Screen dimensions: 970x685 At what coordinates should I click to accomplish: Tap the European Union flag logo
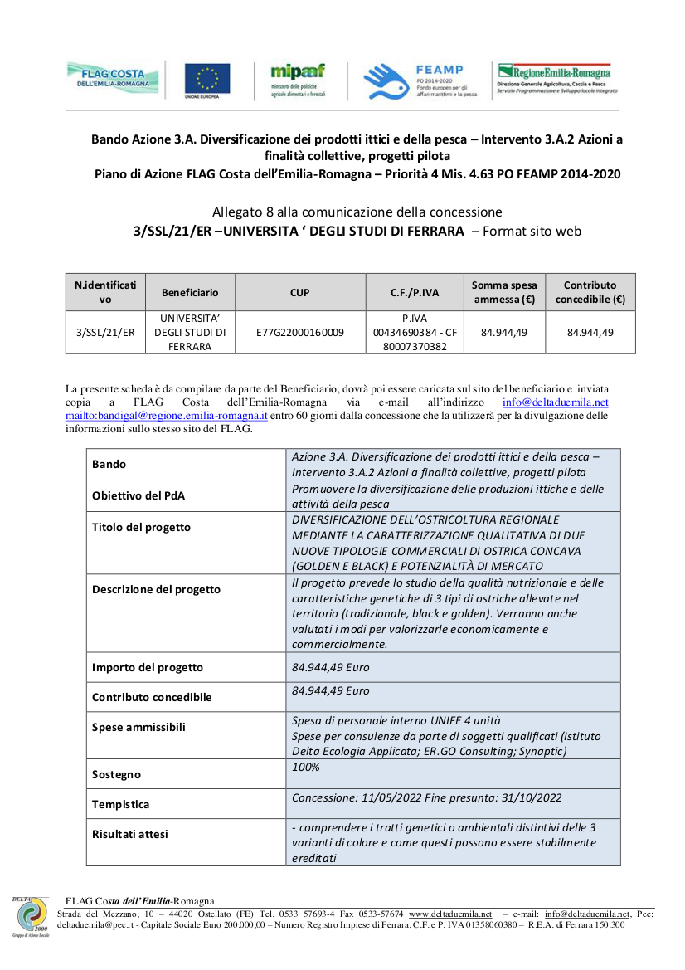pos(207,80)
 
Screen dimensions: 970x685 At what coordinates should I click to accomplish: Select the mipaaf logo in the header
pos(298,80)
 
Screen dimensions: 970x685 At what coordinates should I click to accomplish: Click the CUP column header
pos(300,292)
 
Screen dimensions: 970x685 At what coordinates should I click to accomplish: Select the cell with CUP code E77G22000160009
pos(300,333)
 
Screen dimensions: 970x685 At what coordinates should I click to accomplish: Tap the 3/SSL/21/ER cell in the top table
pos(105,333)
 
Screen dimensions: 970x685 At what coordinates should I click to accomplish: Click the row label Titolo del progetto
pos(141,527)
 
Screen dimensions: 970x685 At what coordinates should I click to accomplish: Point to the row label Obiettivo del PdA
pos(138,495)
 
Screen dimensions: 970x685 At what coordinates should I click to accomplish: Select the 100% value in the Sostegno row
pos(306,767)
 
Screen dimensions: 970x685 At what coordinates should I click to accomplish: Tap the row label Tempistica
pos(121,804)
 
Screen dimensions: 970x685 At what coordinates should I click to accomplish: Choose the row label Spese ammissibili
pos(138,727)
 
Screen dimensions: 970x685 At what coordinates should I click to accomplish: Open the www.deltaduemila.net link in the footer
pos(450,914)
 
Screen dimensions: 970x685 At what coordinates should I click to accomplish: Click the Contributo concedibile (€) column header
pos(590,292)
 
